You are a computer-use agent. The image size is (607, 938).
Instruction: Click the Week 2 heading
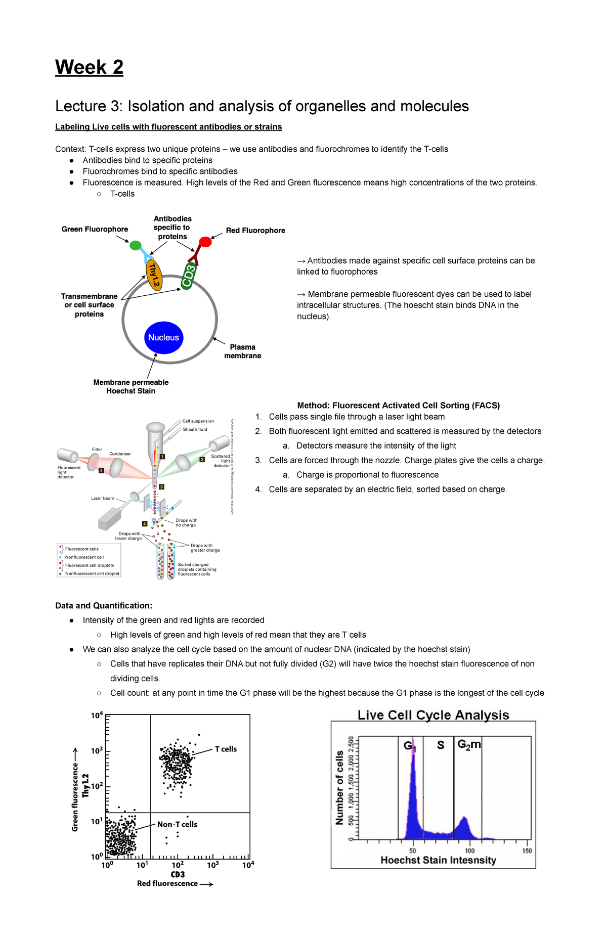coord(89,67)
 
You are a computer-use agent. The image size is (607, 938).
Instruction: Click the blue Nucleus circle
coord(163,337)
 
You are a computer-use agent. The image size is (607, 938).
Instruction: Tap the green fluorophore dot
coord(136,246)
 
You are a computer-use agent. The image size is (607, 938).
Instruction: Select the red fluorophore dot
coord(205,242)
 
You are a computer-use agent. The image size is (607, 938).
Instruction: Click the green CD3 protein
coord(188,276)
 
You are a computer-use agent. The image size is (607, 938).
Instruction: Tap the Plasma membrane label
coord(242,351)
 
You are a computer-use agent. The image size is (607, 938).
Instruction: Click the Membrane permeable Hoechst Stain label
coord(131,387)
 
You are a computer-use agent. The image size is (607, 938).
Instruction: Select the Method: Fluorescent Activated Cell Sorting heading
coord(398,405)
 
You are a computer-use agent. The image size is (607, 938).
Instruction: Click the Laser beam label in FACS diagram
coord(102,498)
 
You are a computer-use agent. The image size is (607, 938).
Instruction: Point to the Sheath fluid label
coord(195,429)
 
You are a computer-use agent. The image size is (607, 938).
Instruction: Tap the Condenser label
coord(120,454)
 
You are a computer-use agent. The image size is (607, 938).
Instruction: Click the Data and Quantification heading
coord(103,605)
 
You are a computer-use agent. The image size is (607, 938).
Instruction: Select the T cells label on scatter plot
coord(226,749)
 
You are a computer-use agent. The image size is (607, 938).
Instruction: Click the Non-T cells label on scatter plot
coord(177,824)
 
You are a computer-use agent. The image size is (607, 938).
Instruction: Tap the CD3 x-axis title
coord(178,874)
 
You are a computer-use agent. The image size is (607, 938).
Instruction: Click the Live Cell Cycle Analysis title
coord(433,715)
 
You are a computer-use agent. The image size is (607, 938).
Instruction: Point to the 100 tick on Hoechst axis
coord(469,851)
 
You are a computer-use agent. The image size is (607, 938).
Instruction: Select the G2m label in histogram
coord(468,745)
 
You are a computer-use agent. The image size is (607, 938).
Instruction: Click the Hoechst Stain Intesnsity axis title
coord(438,860)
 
